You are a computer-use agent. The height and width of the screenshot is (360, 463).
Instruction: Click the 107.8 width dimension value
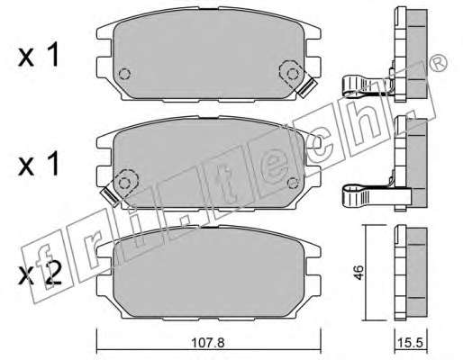(x=208, y=342)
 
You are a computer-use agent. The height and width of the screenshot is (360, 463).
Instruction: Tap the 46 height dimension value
(x=359, y=272)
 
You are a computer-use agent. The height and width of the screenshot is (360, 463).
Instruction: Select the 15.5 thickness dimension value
(x=410, y=342)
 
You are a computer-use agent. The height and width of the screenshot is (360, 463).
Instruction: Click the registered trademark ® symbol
(x=439, y=63)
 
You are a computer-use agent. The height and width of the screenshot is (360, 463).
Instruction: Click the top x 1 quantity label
(x=38, y=54)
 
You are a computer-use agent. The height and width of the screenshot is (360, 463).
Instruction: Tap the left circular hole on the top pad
(x=124, y=74)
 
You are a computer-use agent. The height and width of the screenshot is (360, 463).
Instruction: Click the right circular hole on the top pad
(x=293, y=74)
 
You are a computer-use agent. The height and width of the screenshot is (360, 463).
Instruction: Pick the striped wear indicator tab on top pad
(x=307, y=87)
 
